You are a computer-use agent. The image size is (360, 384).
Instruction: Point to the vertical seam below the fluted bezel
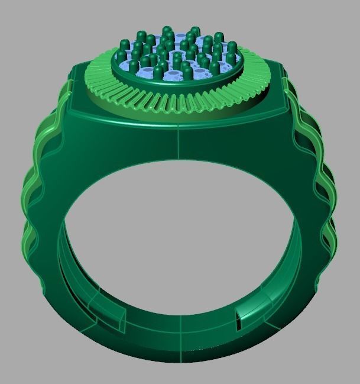click(x=179, y=142)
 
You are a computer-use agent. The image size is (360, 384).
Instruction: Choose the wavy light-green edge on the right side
click(x=322, y=195)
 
